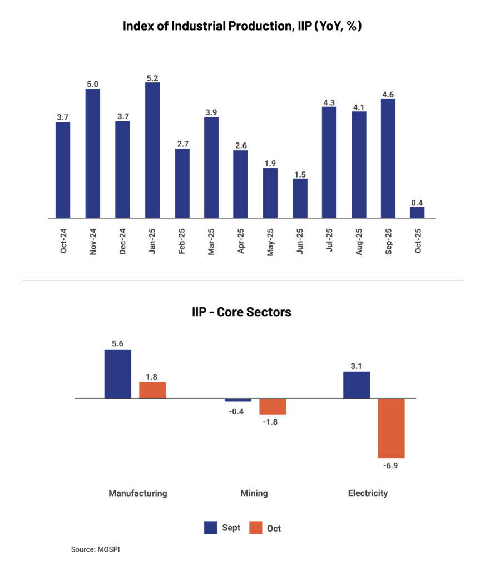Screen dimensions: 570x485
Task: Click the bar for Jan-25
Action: (x=152, y=150)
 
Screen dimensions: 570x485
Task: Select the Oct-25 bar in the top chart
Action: (x=417, y=213)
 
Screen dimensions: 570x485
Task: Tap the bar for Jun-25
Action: (x=300, y=198)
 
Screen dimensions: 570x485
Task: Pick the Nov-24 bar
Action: (x=93, y=154)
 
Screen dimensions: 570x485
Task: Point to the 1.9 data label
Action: (x=270, y=163)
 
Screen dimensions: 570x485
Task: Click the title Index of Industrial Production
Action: (x=242, y=26)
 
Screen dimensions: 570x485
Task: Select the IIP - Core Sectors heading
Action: (x=241, y=312)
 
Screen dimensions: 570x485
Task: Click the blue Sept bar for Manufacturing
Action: (x=118, y=374)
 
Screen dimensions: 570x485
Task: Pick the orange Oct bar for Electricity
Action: (x=392, y=428)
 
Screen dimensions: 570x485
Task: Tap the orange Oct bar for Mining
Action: (x=273, y=406)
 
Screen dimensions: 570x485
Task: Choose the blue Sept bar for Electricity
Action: (x=357, y=385)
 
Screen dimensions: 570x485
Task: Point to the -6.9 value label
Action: (x=392, y=464)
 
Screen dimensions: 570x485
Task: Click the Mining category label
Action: (x=254, y=493)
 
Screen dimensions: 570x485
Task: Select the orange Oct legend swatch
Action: (x=255, y=528)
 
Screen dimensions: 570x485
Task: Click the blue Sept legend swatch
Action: (x=211, y=528)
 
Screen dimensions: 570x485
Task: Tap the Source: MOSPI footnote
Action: (x=96, y=549)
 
